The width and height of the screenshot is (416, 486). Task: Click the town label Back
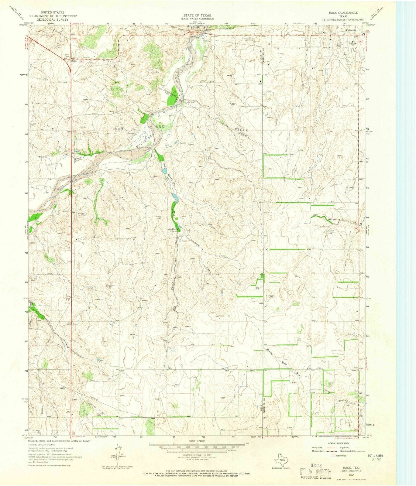(x=73, y=61)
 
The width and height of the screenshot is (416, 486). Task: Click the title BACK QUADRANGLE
(x=343, y=13)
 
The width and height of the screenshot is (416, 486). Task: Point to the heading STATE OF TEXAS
(x=197, y=15)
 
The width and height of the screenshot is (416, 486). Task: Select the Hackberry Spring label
(x=174, y=230)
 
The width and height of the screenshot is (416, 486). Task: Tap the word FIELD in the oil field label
(x=242, y=130)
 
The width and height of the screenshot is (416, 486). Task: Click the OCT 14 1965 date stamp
(x=376, y=456)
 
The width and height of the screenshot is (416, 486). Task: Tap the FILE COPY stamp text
(x=314, y=471)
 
